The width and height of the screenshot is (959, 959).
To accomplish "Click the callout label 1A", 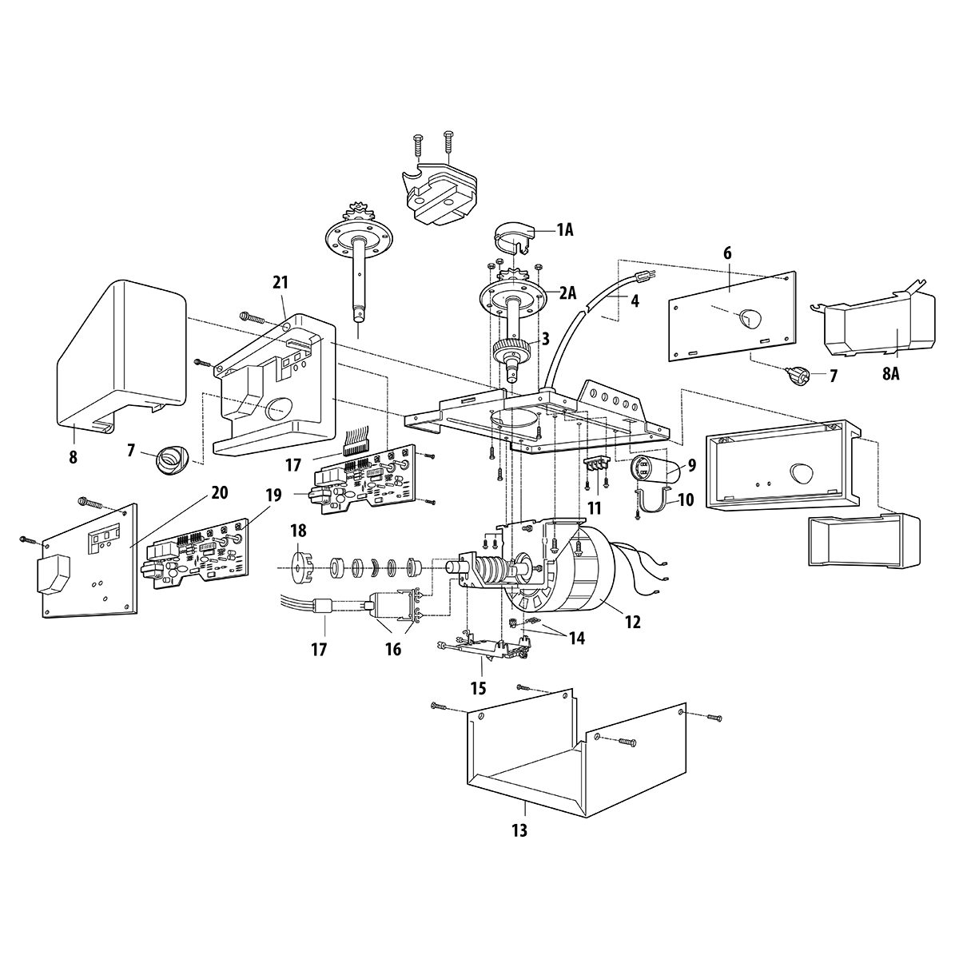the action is coord(564,230).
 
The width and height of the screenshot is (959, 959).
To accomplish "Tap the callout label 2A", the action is coord(568,293).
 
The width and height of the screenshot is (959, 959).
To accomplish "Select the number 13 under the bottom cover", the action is coord(519,830).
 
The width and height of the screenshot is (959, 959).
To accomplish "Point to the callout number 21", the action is coord(281,283).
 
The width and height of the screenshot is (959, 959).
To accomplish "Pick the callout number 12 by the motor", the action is coord(632,622).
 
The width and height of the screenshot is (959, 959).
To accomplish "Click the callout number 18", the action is coord(299,531).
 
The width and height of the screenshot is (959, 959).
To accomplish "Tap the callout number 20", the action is coord(220,493).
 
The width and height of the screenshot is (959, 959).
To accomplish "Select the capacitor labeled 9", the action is coord(655,469).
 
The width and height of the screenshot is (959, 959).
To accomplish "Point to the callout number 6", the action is coord(727,253).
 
